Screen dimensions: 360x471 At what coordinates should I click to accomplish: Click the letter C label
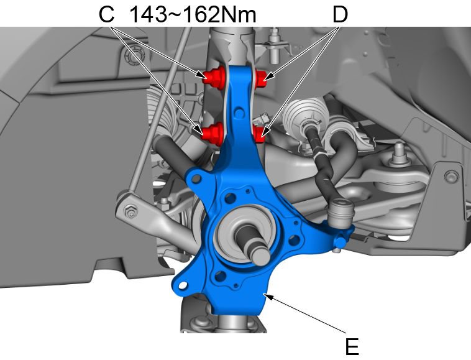(x=107, y=14)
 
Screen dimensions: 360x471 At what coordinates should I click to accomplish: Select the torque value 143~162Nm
(x=193, y=14)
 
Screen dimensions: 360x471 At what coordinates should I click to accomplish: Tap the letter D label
(x=339, y=14)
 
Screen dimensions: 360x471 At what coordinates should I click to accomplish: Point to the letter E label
(x=352, y=346)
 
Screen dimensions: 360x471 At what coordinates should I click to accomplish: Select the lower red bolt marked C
(x=214, y=132)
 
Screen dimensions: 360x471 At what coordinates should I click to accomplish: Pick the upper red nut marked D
(x=262, y=78)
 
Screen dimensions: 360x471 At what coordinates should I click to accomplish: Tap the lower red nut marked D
(x=260, y=132)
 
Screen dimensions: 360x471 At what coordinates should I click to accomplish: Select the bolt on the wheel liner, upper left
(x=132, y=58)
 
